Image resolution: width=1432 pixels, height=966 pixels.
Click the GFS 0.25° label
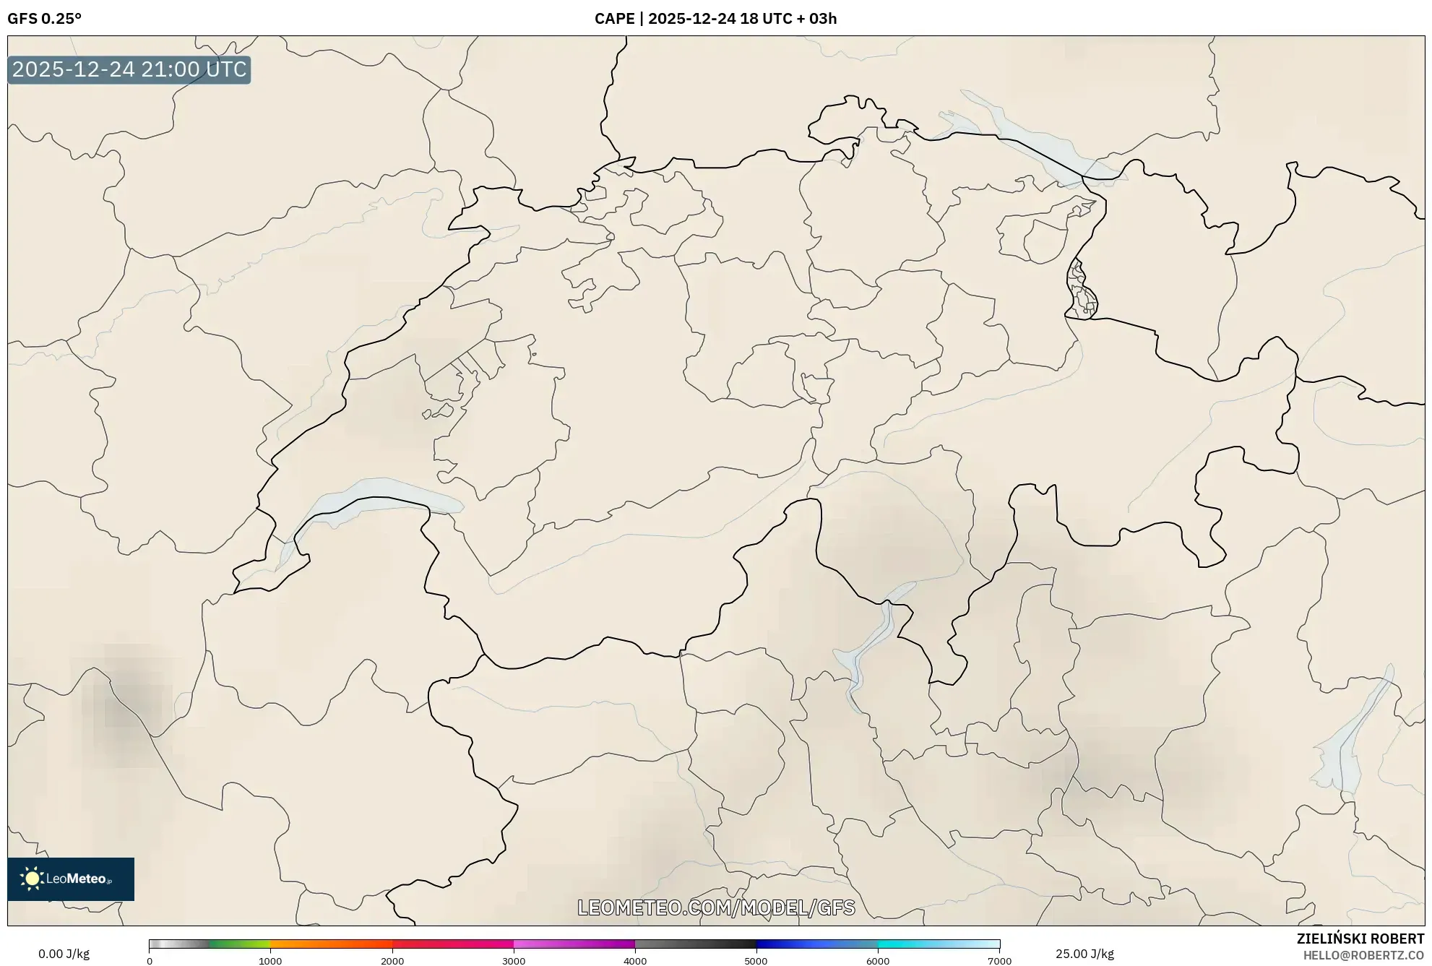[x=44, y=19]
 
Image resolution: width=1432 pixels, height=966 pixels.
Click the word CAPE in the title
[x=614, y=19]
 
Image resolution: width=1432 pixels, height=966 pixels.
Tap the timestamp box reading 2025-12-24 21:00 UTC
[x=129, y=69]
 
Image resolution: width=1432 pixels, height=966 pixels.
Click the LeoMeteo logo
[x=71, y=879]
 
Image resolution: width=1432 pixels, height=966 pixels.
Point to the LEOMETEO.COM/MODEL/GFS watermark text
[x=716, y=907]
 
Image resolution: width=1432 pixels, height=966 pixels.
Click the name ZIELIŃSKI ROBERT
[x=1360, y=939]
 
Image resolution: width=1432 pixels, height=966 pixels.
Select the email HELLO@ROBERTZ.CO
[x=1363, y=955]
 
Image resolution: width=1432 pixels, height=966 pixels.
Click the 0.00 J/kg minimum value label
[x=64, y=954]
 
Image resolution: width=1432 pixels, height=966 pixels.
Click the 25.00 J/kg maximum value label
[x=1084, y=954]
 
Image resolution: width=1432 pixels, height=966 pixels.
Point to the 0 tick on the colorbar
[x=150, y=961]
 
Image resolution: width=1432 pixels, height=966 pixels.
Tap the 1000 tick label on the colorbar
[x=270, y=961]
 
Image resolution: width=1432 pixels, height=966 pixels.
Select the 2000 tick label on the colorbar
[x=392, y=961]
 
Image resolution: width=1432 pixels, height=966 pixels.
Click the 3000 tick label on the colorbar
[x=514, y=961]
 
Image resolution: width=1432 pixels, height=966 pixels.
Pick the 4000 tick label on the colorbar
[x=635, y=961]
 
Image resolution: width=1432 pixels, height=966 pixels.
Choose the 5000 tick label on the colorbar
[x=756, y=961]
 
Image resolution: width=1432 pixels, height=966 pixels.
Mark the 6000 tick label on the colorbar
[x=878, y=961]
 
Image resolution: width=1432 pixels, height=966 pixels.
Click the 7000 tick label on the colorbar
[x=999, y=961]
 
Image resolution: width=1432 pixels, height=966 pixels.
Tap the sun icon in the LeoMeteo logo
[x=32, y=879]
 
